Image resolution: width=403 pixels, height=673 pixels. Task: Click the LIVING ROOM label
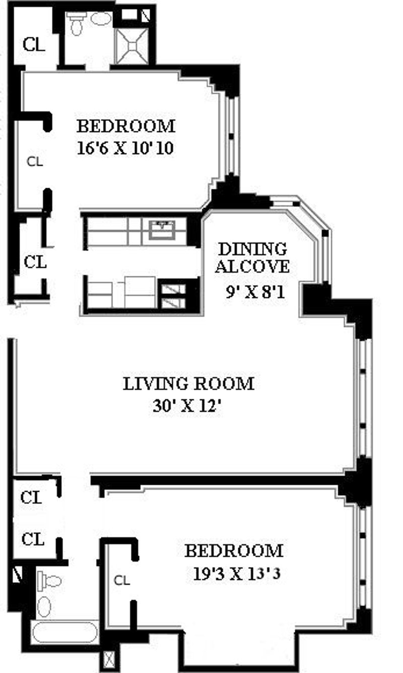pyautogui.click(x=188, y=384)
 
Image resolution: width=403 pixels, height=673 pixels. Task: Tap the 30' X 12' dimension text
pyautogui.click(x=187, y=406)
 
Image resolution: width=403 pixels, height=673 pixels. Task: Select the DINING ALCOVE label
pyautogui.click(x=252, y=258)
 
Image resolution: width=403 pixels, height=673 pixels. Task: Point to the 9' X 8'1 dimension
pyautogui.click(x=255, y=291)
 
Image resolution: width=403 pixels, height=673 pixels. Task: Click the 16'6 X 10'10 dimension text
pyautogui.click(x=125, y=148)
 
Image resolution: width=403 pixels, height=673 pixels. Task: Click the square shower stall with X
pyautogui.click(x=132, y=46)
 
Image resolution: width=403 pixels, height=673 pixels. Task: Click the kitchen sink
pyautogui.click(x=163, y=230)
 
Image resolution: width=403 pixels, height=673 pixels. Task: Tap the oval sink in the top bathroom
pyautogui.click(x=101, y=19)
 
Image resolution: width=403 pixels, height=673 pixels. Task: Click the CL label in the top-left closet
pyautogui.click(x=34, y=44)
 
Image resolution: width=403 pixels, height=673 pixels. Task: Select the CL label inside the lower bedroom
pyautogui.click(x=122, y=580)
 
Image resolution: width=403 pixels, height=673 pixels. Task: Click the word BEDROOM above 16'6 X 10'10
pyautogui.click(x=126, y=126)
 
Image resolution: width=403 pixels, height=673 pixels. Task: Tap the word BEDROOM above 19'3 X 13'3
pyautogui.click(x=234, y=551)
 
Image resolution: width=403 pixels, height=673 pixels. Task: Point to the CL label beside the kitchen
pyautogui.click(x=35, y=262)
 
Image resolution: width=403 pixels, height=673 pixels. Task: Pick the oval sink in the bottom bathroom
pyautogui.click(x=44, y=607)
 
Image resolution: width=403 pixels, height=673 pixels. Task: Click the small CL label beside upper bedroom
pyautogui.click(x=35, y=162)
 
